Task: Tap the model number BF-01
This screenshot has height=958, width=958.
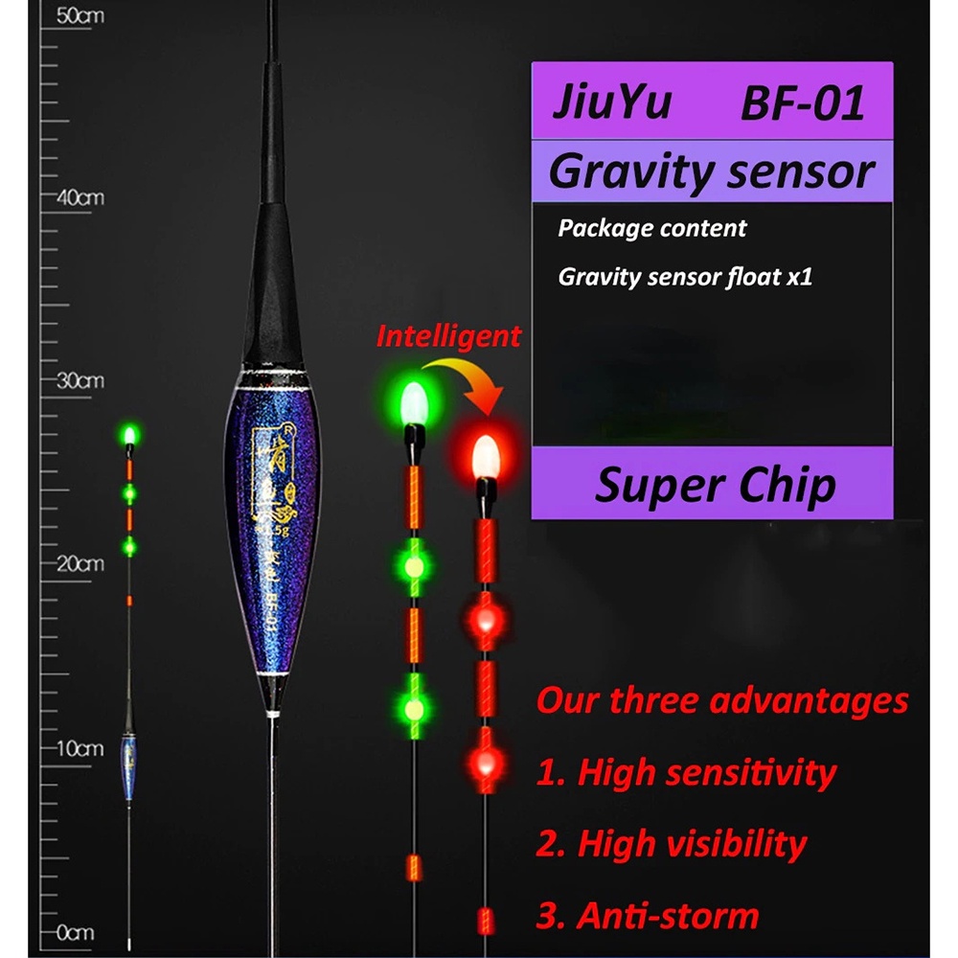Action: (802, 103)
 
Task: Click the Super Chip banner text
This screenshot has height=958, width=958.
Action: (715, 485)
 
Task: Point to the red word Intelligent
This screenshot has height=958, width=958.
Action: (448, 336)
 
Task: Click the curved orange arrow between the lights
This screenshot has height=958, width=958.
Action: (469, 378)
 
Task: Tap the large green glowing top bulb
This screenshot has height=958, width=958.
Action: (414, 401)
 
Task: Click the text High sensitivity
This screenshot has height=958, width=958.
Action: (686, 772)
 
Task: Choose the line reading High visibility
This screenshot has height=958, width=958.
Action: (672, 844)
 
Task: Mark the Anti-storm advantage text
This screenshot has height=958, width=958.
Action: (649, 916)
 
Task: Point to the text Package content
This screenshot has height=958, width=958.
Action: (652, 229)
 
